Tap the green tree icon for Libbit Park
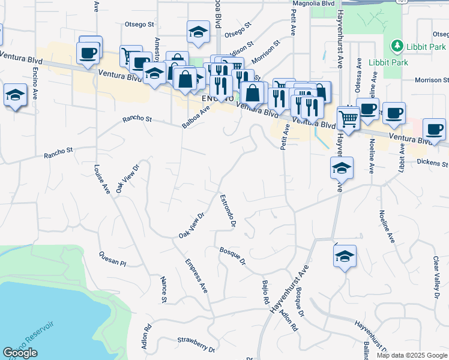[x=396, y=46]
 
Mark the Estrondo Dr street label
[x=228, y=210]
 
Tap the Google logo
[x=20, y=353]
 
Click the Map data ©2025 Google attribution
[x=412, y=355]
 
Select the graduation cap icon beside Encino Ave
[x=15, y=95]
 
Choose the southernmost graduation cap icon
[x=345, y=256]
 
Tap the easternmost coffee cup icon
[x=434, y=130]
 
